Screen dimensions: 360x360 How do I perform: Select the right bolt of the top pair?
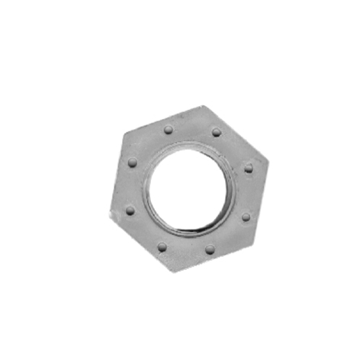point(217,132)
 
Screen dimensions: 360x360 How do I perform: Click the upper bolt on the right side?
point(249,168)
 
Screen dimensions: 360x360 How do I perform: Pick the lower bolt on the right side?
point(246,217)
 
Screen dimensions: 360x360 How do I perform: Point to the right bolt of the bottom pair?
point(209,249)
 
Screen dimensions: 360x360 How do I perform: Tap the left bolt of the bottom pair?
point(162,246)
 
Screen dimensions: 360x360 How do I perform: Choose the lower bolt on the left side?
point(130,210)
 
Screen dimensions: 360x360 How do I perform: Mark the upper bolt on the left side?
point(133,162)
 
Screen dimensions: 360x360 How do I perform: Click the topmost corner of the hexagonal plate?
point(203,105)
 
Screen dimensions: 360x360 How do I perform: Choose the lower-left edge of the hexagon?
point(141,245)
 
